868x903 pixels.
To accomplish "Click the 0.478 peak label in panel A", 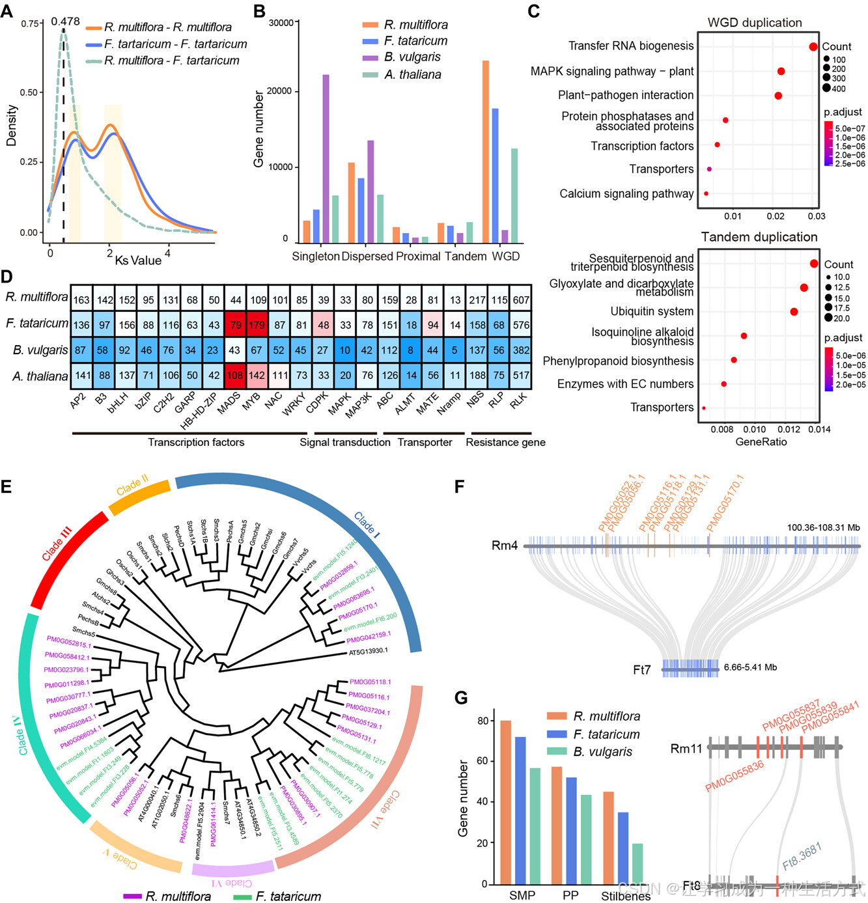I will tap(65, 21).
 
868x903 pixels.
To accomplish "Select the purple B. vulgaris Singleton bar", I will tap(326, 158).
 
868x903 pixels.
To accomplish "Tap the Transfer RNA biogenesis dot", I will tap(813, 47).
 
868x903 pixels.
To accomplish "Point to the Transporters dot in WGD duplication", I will tap(709, 169).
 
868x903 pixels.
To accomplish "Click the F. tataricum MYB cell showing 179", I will tap(257, 324).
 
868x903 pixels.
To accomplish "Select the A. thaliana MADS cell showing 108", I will tap(235, 376).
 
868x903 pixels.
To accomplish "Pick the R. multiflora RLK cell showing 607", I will tap(521, 299).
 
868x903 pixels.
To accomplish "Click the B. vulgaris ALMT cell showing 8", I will tap(410, 350).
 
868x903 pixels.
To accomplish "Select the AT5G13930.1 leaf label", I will tap(368, 652).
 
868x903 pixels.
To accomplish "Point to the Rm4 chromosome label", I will tap(505, 546).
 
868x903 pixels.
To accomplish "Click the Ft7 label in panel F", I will tap(641, 669).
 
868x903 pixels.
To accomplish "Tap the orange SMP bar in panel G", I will tap(505, 802).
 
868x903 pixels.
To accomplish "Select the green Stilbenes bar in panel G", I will tap(637, 863).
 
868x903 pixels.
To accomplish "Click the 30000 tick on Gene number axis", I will tap(281, 23).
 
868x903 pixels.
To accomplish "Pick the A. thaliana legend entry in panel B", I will tap(412, 75).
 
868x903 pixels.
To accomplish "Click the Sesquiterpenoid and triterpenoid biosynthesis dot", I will tap(814, 264).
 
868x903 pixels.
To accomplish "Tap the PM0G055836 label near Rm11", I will tap(735, 776).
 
